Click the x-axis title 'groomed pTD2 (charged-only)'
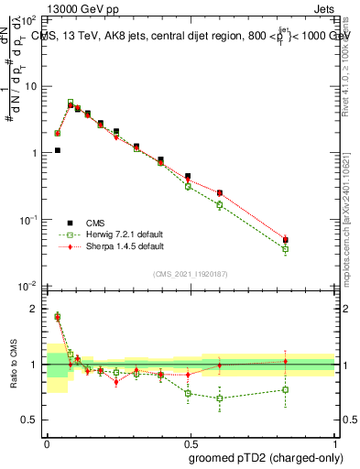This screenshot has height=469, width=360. coord(266,457)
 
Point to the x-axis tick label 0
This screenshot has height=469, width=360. coord(46,442)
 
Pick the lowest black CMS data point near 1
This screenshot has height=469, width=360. coord(57,150)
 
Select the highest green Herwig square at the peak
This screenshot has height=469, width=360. coord(71,103)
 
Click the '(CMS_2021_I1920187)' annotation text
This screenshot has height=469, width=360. coord(190,273)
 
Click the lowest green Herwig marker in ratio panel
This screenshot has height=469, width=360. coord(220,398)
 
